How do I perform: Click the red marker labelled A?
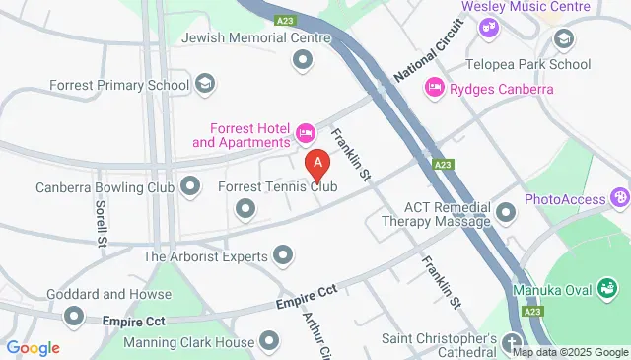point(317,163)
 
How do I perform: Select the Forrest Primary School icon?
point(205,84)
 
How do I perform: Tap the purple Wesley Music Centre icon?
point(488,27)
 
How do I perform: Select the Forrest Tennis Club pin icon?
point(244,208)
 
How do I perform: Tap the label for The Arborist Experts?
point(205,256)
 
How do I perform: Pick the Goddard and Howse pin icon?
point(74,316)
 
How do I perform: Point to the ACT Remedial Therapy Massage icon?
point(506,212)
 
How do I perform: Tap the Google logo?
point(33,348)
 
